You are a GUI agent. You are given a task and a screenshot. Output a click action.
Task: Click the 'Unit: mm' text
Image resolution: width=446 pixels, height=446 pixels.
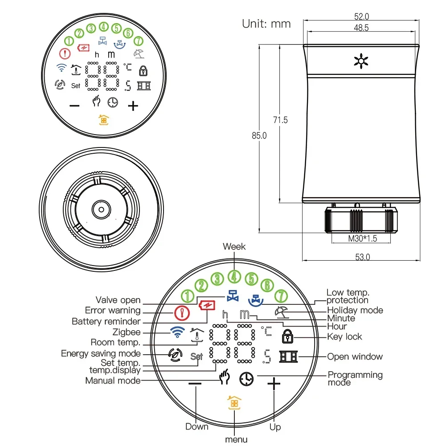point(266,24)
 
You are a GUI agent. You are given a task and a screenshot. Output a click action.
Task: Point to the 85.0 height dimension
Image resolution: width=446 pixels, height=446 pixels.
point(259,135)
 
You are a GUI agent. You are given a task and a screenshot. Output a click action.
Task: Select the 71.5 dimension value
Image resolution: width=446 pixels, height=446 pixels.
point(280,120)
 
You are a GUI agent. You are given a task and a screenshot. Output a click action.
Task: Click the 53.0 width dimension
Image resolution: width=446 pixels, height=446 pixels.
point(362,257)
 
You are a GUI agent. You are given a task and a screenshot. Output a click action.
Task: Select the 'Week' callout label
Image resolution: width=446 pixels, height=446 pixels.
point(234,246)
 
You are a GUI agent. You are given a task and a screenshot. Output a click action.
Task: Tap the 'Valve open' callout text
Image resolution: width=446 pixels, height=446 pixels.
point(118,300)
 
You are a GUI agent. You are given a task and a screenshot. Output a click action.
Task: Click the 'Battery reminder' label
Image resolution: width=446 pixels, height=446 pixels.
point(106,321)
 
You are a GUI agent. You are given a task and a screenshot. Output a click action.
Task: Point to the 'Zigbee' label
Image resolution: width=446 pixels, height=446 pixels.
point(127,332)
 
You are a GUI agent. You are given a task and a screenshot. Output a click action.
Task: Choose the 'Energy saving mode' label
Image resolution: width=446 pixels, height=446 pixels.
point(101,353)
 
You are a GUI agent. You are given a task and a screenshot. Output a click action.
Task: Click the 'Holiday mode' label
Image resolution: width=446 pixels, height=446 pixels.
point(355,310)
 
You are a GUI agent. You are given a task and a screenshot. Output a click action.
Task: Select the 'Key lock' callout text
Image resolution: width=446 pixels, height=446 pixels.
point(344,337)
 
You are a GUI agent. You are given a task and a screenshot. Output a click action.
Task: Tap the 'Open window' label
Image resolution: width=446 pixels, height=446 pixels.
point(355,356)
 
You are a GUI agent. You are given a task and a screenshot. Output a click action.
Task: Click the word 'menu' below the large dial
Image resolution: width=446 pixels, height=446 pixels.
point(236,439)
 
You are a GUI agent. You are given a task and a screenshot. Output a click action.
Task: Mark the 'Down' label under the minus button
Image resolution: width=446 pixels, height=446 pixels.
point(197,426)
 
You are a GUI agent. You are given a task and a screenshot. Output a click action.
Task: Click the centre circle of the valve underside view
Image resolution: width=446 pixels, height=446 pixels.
point(101,209)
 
